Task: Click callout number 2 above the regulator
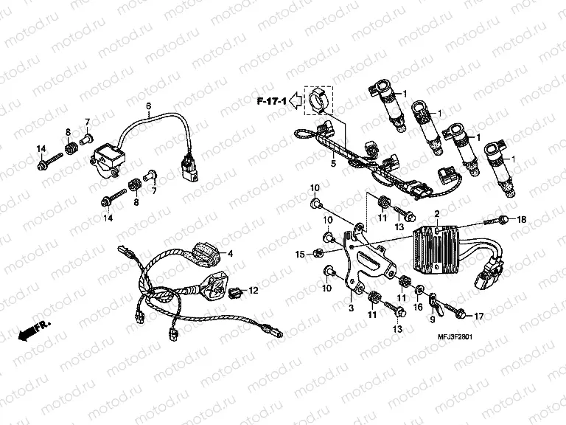[x=437, y=214]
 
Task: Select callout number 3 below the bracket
[x=352, y=308]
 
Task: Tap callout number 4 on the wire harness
[x=230, y=254]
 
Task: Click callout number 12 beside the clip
[x=254, y=290]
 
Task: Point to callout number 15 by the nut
[x=300, y=255]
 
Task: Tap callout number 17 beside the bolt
[x=478, y=317]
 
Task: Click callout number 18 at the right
[x=523, y=219]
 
